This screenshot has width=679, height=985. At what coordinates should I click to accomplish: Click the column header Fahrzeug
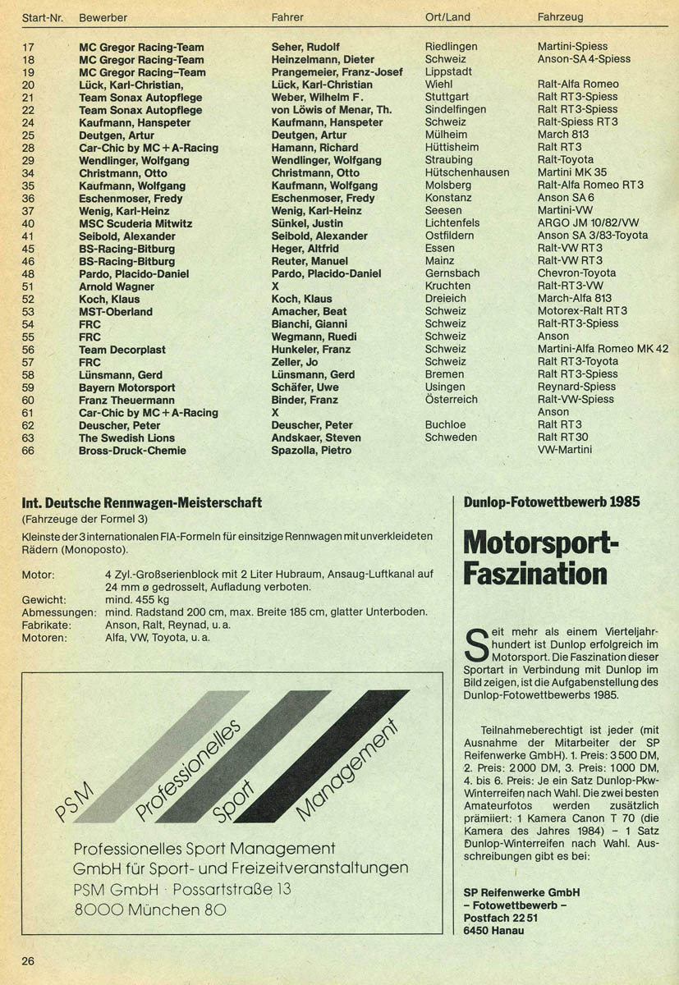coord(561,17)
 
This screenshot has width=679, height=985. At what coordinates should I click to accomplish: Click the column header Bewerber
coord(103,17)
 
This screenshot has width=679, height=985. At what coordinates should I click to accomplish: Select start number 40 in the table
coord(28,223)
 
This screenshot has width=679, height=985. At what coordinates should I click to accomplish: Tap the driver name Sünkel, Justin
coord(307,223)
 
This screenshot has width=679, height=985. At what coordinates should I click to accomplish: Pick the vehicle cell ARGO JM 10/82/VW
coord(588,223)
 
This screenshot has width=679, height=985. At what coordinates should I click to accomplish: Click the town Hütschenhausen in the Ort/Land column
coord(467,172)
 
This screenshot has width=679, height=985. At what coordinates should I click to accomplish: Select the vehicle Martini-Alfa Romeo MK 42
coord(603,349)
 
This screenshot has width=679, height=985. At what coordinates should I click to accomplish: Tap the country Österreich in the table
coord(451,399)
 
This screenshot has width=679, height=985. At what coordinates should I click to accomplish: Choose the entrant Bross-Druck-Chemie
coord(132,450)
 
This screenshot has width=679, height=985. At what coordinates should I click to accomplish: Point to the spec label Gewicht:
coord(44,600)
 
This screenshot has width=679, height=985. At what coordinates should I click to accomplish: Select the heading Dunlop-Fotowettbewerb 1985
coord(552,502)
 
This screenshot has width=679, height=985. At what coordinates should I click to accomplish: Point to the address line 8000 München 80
coord(150,909)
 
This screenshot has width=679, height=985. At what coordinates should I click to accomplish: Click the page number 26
coord(29,961)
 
